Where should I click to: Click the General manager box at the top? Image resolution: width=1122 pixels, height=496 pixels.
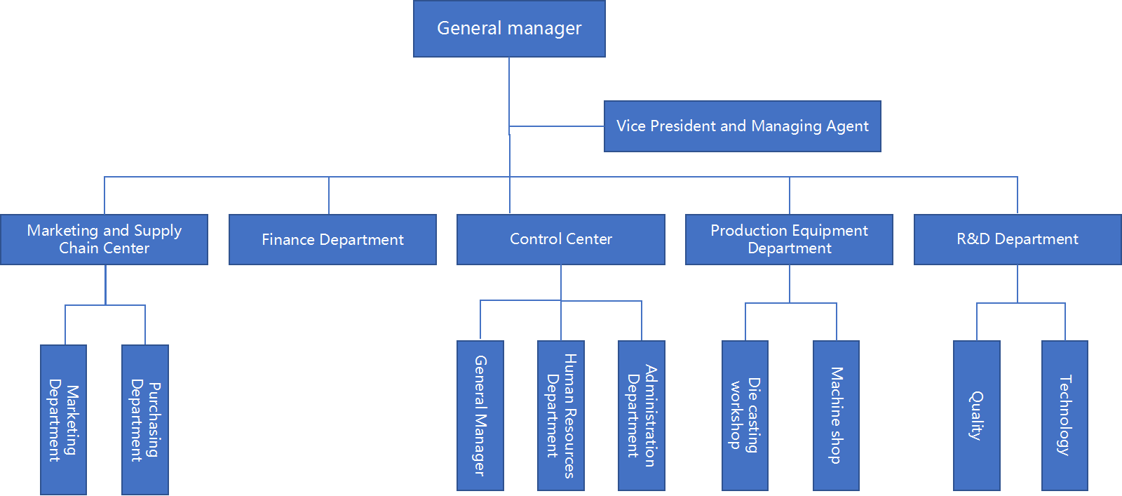click(x=509, y=29)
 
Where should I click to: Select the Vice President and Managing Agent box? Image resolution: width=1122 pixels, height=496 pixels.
click(x=742, y=126)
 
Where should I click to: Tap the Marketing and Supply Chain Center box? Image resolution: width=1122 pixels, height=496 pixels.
click(x=104, y=239)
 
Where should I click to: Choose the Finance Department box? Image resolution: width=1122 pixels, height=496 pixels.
click(x=332, y=239)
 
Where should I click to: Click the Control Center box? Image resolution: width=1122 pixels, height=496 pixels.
click(x=560, y=239)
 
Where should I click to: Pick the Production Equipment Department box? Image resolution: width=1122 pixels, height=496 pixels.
click(x=789, y=239)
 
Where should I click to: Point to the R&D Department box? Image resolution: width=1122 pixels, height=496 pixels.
click(x=1017, y=239)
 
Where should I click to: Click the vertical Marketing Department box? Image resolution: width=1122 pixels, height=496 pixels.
click(x=63, y=420)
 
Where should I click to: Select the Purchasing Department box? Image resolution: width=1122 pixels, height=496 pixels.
click(x=145, y=420)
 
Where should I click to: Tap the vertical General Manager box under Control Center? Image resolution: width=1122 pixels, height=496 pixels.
click(x=480, y=415)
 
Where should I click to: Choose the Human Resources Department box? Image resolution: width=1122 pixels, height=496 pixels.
click(x=561, y=415)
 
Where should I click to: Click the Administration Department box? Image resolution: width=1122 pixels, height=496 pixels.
click(x=642, y=415)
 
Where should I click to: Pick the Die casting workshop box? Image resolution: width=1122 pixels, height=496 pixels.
click(x=745, y=415)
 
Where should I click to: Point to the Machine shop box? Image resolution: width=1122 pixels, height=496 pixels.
click(x=836, y=415)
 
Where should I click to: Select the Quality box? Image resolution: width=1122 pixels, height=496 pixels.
click(x=976, y=415)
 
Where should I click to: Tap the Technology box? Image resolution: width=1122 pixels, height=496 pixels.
click(x=1064, y=415)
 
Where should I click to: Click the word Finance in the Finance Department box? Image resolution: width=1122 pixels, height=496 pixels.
click(x=288, y=240)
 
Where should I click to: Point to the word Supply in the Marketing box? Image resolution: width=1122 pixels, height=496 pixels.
click(x=158, y=231)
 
